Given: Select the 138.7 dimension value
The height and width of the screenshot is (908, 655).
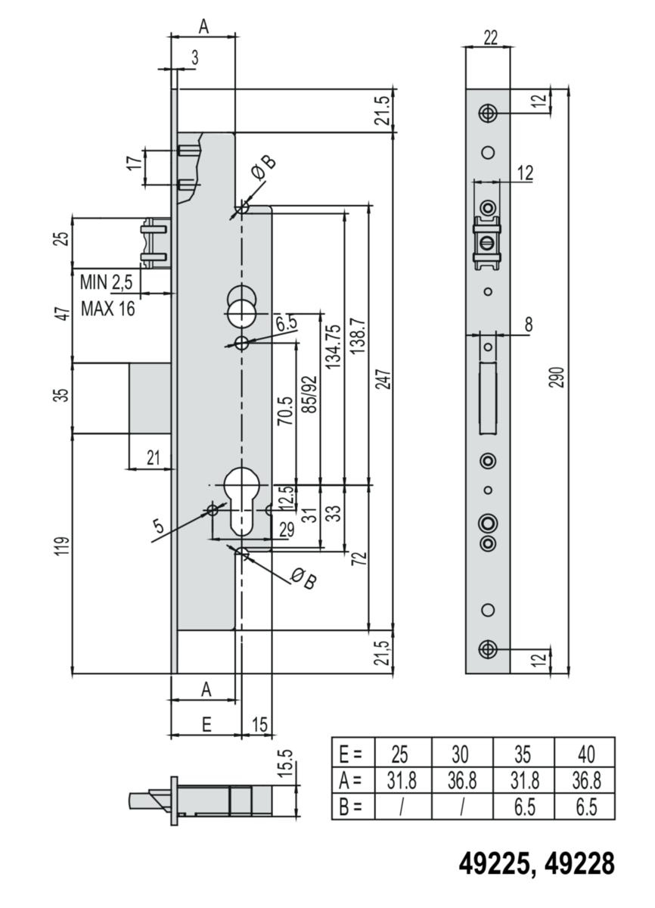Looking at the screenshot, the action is coord(358,336).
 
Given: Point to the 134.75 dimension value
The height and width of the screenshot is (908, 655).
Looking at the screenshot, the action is coord(334,347).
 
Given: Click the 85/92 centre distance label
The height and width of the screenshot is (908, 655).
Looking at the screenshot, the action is coord(311,395).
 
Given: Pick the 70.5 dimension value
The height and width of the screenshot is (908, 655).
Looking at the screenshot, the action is coord(285,411).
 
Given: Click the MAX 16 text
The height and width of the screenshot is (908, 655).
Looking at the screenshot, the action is coord(107,309).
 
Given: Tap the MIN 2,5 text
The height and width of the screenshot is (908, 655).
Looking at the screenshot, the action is coord(106,282).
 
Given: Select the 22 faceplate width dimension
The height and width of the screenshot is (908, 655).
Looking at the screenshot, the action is coord(490,38).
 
